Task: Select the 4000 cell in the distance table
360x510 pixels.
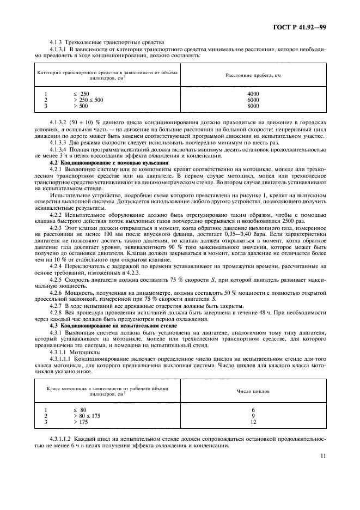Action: [253, 94]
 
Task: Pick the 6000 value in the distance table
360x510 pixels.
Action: [253, 100]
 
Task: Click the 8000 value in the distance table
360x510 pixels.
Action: [253, 107]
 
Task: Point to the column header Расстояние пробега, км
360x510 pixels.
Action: [253, 75]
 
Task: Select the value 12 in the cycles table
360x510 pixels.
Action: [253, 422]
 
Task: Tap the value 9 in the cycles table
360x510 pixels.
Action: [253, 416]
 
